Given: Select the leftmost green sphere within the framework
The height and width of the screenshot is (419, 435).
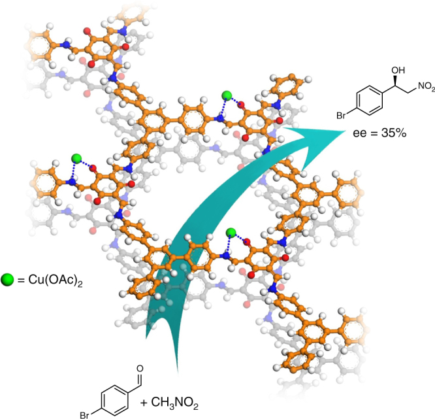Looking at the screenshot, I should tap(76, 158).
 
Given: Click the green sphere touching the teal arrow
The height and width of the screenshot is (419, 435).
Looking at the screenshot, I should tap(230, 233).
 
